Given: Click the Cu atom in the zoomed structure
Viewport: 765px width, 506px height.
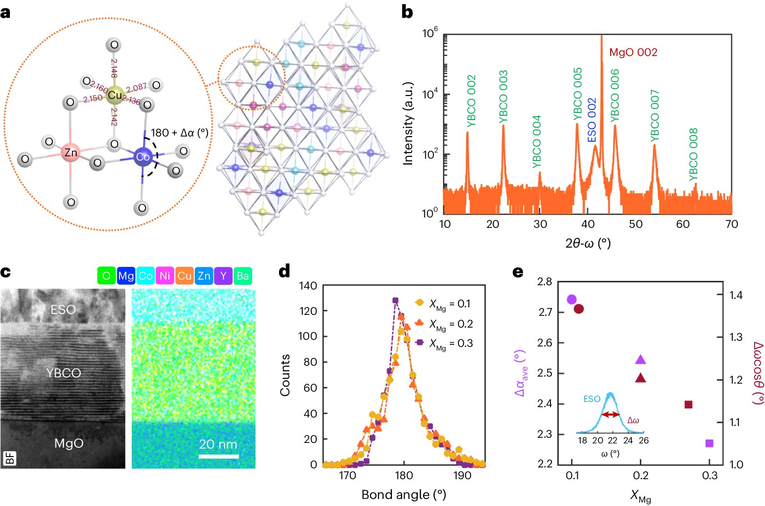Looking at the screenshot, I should click(x=115, y=95).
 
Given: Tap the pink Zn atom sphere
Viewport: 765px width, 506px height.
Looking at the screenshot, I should click(x=71, y=152).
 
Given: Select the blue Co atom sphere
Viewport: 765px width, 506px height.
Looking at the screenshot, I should click(x=143, y=157).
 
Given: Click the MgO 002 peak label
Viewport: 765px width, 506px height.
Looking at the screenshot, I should click(x=633, y=52).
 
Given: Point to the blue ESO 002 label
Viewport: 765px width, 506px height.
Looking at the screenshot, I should click(x=592, y=120).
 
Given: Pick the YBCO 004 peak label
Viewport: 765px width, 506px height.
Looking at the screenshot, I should click(x=537, y=142).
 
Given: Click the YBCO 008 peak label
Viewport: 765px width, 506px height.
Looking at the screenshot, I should click(x=693, y=154).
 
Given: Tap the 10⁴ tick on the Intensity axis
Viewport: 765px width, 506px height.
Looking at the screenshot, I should click(x=430, y=95).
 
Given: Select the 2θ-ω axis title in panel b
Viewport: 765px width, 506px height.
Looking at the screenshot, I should click(x=588, y=243).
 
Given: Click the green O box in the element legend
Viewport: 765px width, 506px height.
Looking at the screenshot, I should click(x=106, y=276).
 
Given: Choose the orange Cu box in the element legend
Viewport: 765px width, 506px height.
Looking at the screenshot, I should click(x=184, y=276).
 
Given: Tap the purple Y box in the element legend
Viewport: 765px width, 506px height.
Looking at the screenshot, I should click(x=223, y=276).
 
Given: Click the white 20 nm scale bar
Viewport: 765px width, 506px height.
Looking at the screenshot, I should click(x=218, y=456).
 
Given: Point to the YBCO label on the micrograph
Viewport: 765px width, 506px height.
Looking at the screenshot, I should click(x=64, y=373).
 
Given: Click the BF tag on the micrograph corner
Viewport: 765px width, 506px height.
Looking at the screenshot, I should click(x=10, y=458).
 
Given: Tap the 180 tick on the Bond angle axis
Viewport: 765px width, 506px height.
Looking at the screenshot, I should click(x=404, y=475).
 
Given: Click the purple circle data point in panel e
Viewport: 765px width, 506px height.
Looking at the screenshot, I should click(x=572, y=299).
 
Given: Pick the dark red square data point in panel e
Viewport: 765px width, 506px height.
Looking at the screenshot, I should click(x=688, y=404).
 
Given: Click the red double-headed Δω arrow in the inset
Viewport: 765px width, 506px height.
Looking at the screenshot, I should click(x=611, y=415).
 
